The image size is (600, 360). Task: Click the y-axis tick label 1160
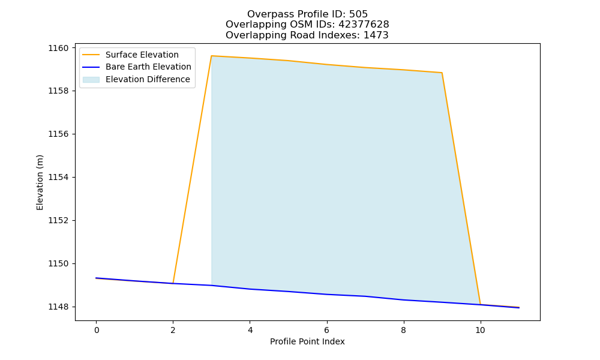click(58, 48)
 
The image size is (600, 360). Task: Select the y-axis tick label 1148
click(58, 307)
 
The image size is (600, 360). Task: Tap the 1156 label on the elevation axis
click(58, 134)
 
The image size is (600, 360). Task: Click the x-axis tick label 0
click(97, 330)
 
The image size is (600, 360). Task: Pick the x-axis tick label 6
click(327, 330)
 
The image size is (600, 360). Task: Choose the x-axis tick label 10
click(480, 330)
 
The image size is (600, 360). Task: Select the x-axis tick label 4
click(250, 330)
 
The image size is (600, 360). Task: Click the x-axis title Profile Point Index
click(307, 341)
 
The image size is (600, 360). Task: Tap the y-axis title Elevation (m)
click(40, 182)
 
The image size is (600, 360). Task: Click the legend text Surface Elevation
click(142, 55)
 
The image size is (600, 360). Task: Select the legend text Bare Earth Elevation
click(148, 67)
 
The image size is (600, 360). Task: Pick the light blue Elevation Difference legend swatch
click(91, 80)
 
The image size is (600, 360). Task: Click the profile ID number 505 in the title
click(358, 14)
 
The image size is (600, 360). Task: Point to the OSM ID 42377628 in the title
click(364, 25)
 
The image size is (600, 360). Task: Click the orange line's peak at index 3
click(212, 56)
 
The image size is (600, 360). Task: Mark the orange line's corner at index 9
click(442, 73)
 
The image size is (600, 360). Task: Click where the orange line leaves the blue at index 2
click(173, 283)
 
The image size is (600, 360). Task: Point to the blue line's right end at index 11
click(519, 308)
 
